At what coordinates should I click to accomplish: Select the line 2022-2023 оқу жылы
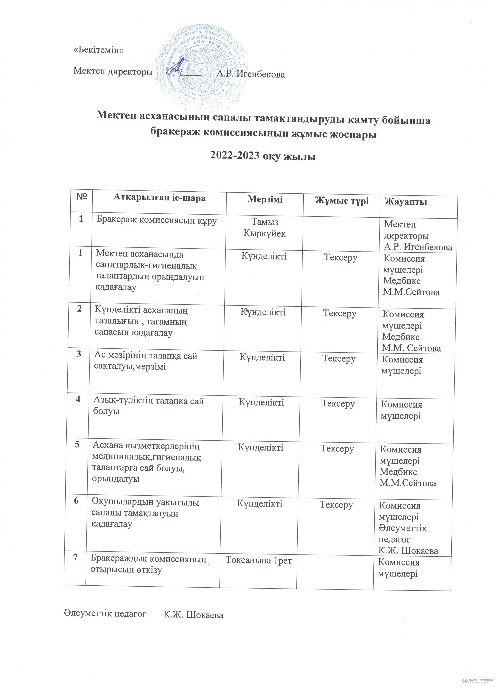coord(263,156)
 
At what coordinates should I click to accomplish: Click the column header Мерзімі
coord(265,199)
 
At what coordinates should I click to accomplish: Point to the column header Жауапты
coord(406,201)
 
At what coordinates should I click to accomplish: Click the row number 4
coord(78,399)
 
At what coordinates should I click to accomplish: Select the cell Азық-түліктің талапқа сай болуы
coord(149,406)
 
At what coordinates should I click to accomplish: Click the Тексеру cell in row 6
coord(336,505)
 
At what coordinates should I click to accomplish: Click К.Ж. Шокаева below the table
coord(193,615)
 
